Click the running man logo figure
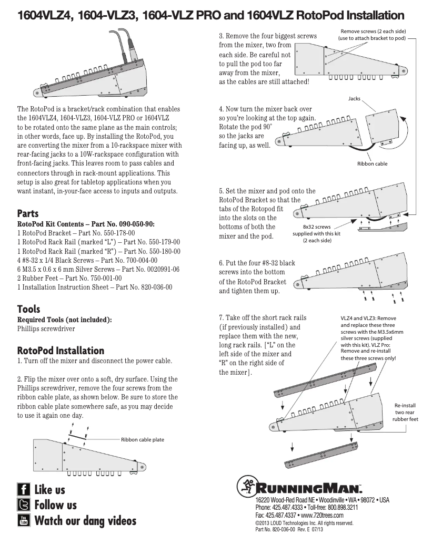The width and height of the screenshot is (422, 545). tap(246, 486)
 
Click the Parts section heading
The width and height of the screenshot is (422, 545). tap(28, 214)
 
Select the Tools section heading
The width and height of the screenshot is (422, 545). tap(28, 309)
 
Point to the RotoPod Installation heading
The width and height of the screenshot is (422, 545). tap(61, 351)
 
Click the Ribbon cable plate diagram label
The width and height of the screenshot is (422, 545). tap(143, 439)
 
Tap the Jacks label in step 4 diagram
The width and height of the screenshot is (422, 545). tap(354, 99)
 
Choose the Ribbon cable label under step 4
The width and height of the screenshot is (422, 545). tap(372, 164)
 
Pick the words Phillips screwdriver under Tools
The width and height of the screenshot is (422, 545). tap(46, 329)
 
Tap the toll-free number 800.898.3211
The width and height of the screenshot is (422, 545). tap(339, 508)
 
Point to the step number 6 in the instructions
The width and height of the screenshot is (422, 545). tap(221, 263)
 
